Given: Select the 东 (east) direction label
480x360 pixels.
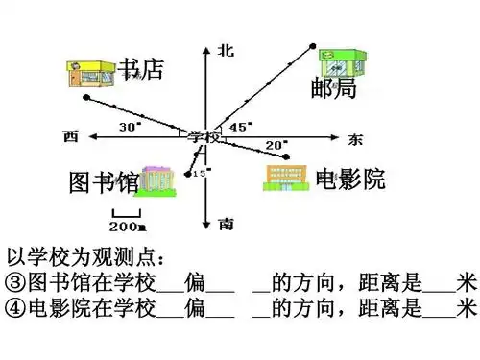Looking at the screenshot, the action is coord(356,138).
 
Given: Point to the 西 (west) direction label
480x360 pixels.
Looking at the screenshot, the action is coord(69,134).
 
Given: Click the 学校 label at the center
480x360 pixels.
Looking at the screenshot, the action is coord(204,136).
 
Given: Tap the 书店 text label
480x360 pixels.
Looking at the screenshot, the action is coord(141,69).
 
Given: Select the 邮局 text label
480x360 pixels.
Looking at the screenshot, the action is coord(333,89).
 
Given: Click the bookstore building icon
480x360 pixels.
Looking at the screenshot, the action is coord(91,73).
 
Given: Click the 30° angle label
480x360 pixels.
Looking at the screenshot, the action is coord(129,127).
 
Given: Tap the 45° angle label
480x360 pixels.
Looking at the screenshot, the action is coord(241,126).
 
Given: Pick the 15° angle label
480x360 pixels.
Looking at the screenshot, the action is coord(201,173).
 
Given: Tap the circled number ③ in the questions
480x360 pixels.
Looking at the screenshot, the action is coord(14,282).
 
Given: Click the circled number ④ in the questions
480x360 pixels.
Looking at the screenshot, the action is coord(14,307).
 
